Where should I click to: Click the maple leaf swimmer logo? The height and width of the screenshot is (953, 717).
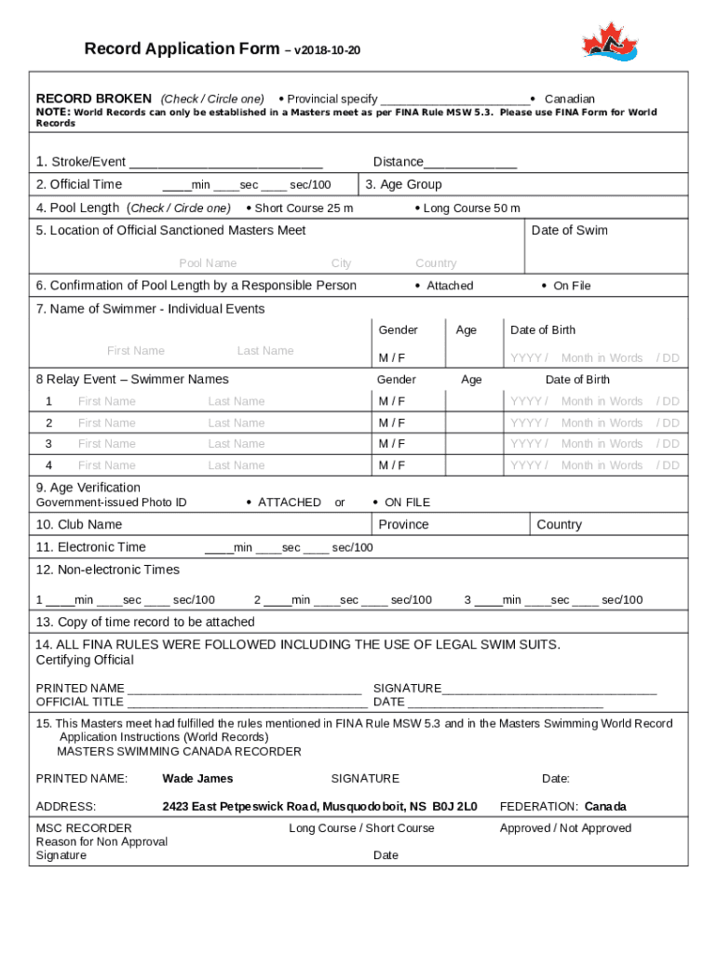pyautogui.click(x=610, y=43)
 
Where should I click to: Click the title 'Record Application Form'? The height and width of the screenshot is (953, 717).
pyautogui.click(x=182, y=48)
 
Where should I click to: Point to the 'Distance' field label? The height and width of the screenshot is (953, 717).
pyautogui.click(x=399, y=162)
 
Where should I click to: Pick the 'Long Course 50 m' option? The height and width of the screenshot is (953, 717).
pyautogui.click(x=471, y=208)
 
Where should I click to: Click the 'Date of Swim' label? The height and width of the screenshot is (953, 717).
pyautogui.click(x=569, y=230)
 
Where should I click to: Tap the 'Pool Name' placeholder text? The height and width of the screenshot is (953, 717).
pyautogui.click(x=208, y=263)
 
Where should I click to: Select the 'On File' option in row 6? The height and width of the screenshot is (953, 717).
pyautogui.click(x=571, y=286)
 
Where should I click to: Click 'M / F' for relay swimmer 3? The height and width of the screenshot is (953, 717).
pyautogui.click(x=391, y=444)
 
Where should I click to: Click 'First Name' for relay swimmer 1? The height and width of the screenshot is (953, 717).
pyautogui.click(x=106, y=401)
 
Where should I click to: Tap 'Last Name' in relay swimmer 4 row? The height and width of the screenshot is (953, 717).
pyautogui.click(x=236, y=465)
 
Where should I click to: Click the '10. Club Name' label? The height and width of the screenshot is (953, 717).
pyautogui.click(x=79, y=525)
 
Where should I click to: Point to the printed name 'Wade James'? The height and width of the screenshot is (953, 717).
pyautogui.click(x=197, y=778)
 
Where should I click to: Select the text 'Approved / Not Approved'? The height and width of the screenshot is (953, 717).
pyautogui.click(x=565, y=828)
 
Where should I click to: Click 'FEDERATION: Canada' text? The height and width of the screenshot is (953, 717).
pyautogui.click(x=562, y=807)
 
